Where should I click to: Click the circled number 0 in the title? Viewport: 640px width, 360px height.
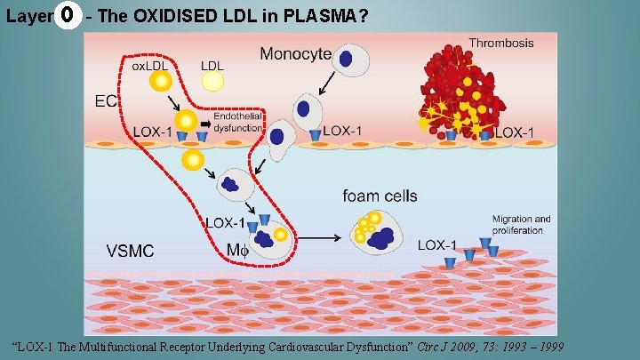coord(65,17)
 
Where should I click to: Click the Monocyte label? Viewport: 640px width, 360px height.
coord(295,55)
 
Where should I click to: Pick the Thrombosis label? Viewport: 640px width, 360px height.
coord(501,42)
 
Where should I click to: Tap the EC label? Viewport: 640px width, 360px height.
coord(106,101)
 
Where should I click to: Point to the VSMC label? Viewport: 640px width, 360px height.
coord(130,251)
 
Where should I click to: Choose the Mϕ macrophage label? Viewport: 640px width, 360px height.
coord(238,251)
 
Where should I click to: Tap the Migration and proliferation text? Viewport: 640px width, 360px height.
coord(522,225)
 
